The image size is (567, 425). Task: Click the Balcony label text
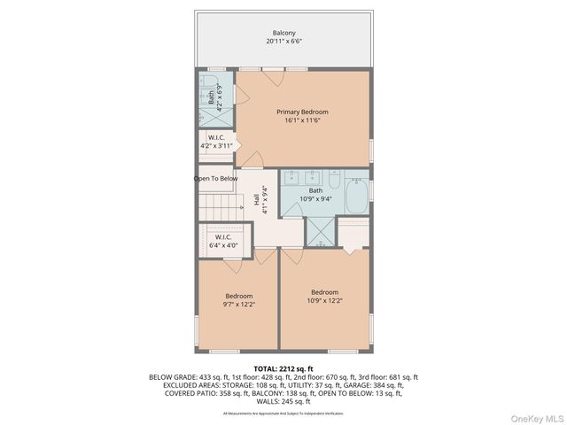coord(283,33)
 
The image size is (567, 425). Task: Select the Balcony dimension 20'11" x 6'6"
coord(283,42)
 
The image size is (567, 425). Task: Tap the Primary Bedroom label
coord(302,112)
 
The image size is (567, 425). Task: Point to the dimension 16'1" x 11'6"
coord(302,120)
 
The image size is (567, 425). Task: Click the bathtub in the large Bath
coord(356,197)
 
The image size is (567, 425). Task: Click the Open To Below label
coord(216,178)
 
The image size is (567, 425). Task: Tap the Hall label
coord(257,201)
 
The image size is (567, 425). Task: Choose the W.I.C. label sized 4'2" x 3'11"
coord(216,137)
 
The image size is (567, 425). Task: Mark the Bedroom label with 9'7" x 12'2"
coord(239,296)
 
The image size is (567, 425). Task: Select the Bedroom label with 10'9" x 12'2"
coord(324,292)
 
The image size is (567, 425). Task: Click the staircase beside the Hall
coord(220,209)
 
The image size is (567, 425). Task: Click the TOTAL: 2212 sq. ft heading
coord(283,367)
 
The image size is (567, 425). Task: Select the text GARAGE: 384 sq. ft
coord(372,385)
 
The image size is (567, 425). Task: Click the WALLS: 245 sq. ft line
coord(283,401)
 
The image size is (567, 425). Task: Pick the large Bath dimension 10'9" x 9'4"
coord(315,199)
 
